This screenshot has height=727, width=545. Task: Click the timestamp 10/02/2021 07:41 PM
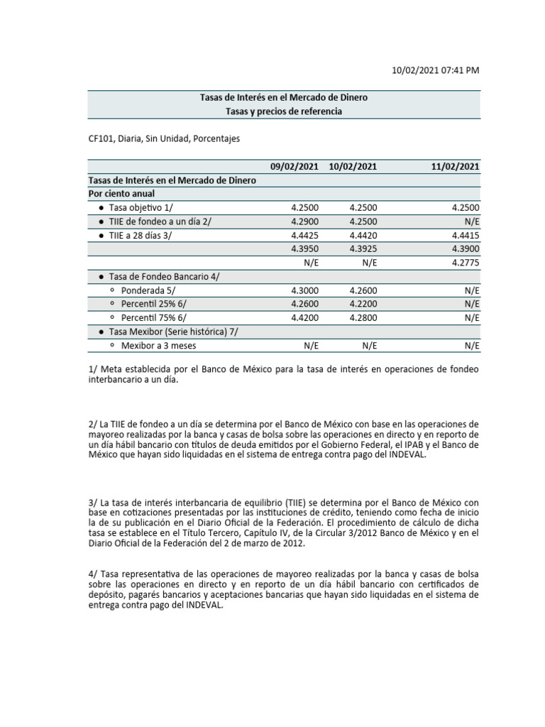pos(436,70)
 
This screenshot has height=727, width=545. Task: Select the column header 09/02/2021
pos(294,167)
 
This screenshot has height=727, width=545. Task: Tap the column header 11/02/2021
pos(455,167)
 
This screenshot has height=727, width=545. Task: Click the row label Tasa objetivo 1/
pos(140,207)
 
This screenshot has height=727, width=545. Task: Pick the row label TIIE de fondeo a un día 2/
pos(160,221)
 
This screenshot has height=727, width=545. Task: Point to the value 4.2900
pos(304,221)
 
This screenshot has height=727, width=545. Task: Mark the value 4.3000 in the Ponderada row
pos(304,290)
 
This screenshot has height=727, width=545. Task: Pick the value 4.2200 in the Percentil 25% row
pos(363,304)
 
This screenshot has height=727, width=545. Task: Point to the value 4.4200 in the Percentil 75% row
pos(304,317)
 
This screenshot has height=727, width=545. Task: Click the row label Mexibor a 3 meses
pos(159,345)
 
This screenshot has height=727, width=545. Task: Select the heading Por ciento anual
pos(121,193)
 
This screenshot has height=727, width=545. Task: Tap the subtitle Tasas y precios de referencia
pos(283,111)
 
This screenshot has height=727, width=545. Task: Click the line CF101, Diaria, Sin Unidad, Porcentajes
pos(163,139)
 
